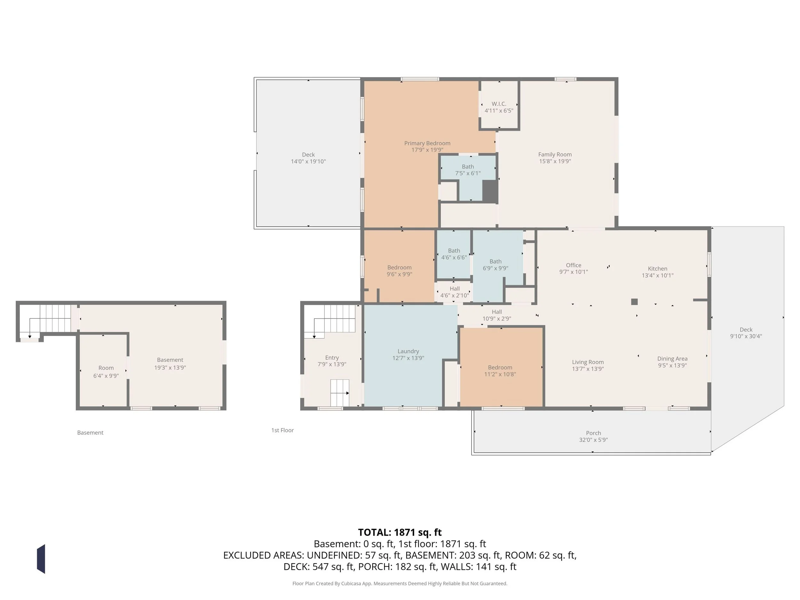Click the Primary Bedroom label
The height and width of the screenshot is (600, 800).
coord(427,143)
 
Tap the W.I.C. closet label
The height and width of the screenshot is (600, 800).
coord(499,104)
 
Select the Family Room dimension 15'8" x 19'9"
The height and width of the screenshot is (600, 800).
coord(555,161)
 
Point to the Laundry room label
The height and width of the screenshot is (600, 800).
coord(408,351)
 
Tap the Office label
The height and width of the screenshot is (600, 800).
coord(573,265)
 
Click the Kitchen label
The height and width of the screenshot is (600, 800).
coord(657,269)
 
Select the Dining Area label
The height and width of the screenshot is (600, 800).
coord(672,359)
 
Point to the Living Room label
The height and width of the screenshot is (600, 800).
coord(588,362)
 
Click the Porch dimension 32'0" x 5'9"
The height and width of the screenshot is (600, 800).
coord(593,440)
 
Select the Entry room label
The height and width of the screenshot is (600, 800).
coord(332,358)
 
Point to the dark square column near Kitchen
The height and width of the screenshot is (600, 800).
coord(634,302)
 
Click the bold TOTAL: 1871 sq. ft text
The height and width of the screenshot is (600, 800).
coord(400,532)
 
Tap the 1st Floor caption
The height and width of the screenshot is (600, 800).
coord(283,430)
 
